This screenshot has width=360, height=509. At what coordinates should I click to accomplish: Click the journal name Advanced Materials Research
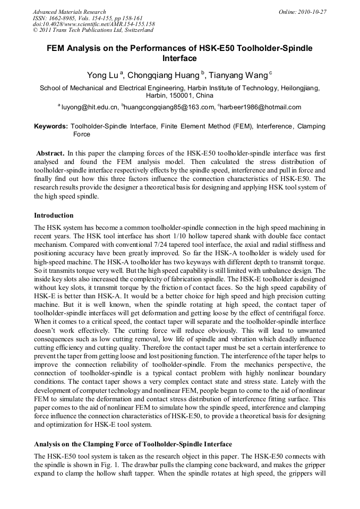pyautogui.click(x=69, y=12)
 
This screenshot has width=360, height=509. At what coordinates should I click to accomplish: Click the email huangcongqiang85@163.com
pyautogui.click(x=168, y=107)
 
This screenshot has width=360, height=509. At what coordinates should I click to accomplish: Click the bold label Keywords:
pyautogui.click(x=51, y=127)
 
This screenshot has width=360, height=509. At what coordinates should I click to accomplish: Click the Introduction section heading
pyautogui.click(x=54, y=215)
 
